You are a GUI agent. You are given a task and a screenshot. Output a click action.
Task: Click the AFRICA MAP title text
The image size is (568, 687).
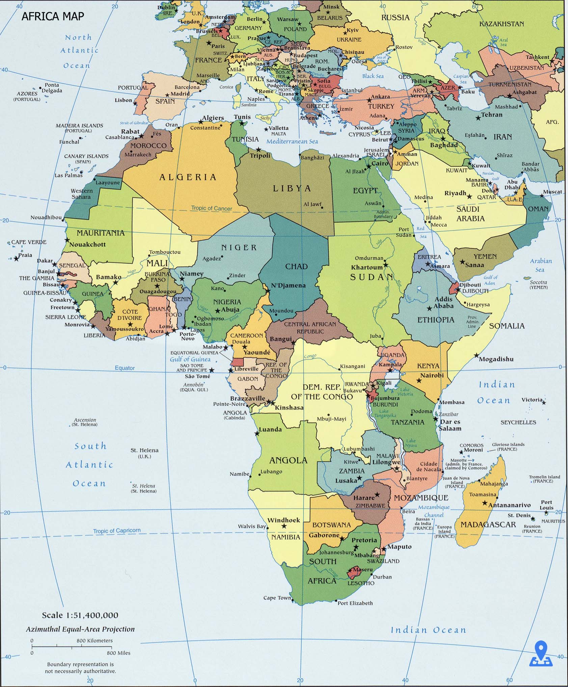[x=53, y=16]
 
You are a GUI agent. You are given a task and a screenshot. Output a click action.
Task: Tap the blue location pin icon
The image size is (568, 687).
[x=541, y=655]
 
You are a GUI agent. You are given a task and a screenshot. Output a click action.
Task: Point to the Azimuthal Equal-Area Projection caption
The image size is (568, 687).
[x=80, y=629]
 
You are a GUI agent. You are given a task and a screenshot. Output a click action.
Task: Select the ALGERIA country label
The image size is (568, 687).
[x=188, y=177]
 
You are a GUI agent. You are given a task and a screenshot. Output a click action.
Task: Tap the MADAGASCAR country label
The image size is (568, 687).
[x=488, y=525]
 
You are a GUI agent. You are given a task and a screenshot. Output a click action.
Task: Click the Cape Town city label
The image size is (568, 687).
[x=277, y=598]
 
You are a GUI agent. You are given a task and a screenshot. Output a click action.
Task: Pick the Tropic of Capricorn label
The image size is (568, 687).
[x=116, y=531]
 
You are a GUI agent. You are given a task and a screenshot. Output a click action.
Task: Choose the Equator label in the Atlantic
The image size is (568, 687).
[x=125, y=368]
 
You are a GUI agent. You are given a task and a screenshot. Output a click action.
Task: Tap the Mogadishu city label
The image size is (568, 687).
[x=496, y=359]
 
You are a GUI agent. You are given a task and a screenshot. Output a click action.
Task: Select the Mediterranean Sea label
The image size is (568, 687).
[x=292, y=141]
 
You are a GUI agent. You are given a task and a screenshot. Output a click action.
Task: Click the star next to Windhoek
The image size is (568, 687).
[x=284, y=526]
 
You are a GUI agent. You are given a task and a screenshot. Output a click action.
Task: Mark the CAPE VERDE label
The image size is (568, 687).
[x=29, y=242]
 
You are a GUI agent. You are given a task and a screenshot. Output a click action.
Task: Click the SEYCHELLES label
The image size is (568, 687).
[x=518, y=422]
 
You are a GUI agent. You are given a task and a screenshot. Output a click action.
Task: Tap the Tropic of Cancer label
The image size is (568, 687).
[x=212, y=208]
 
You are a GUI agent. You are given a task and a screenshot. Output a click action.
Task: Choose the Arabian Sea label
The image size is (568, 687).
[x=541, y=265]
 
